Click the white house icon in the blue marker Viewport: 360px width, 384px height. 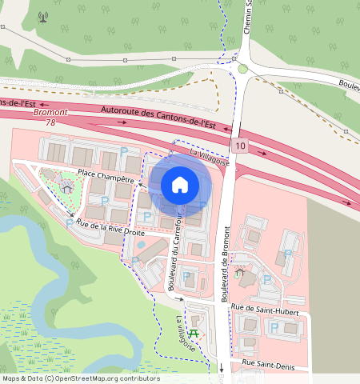tap(180, 184)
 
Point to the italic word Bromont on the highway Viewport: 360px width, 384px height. tap(50, 113)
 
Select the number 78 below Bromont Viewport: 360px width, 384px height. tap(50, 122)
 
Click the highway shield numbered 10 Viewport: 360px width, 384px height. tap(241, 145)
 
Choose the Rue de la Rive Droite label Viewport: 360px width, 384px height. tap(112, 226)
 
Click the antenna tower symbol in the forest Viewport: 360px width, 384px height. tap(43, 15)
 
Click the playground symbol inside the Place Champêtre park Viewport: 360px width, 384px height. tap(67, 188)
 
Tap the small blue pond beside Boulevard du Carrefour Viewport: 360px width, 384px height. tap(141, 243)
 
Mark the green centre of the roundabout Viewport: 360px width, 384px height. tap(242, 69)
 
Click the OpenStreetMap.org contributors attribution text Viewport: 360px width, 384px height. tap(108, 379)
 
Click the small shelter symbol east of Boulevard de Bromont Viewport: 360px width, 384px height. tap(239, 272)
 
